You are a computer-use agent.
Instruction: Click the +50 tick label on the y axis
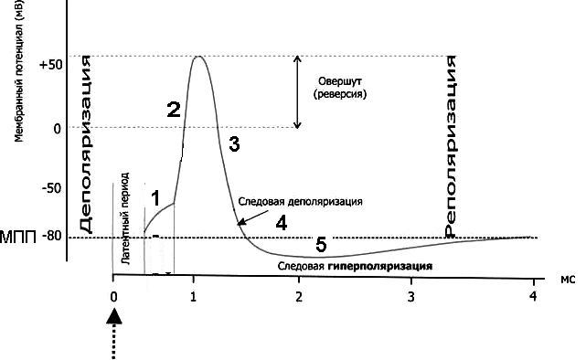51,65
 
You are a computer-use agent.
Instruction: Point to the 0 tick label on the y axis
58,129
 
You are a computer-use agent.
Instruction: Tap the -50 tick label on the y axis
51,188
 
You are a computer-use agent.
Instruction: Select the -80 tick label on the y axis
51,236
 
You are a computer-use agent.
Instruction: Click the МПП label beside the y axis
18,238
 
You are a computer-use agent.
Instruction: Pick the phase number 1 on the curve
155,198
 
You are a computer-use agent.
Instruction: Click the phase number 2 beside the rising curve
174,110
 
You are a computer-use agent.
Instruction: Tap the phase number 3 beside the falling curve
234,144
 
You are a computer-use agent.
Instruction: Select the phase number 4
282,223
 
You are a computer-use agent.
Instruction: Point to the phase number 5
321,245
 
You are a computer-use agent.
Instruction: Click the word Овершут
340,81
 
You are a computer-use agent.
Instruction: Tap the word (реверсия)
340,94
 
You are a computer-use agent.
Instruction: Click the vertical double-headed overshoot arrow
297,92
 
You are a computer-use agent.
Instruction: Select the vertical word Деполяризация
86,145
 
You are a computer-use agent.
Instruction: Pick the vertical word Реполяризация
451,146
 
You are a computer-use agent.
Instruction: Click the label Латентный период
125,218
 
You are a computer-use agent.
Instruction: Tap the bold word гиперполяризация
380,267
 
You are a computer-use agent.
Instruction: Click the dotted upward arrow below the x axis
114,334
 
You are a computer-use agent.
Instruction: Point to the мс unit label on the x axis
568,279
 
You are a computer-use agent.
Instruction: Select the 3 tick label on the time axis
411,297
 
